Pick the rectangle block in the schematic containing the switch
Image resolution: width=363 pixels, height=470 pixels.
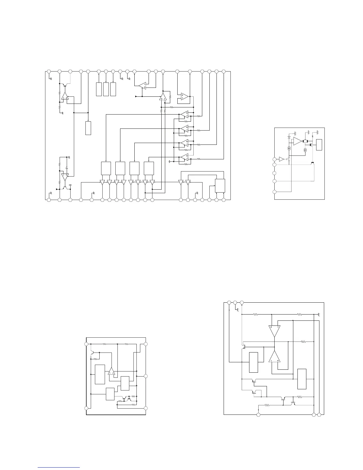click(319, 145)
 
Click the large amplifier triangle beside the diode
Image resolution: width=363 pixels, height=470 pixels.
click(297, 142)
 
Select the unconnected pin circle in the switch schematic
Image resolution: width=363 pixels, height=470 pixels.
click(275, 173)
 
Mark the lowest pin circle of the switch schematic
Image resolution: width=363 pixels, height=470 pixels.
click(275, 192)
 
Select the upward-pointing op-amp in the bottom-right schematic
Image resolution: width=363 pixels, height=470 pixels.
click(274, 356)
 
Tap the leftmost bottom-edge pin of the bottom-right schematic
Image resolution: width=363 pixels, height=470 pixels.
click(258, 414)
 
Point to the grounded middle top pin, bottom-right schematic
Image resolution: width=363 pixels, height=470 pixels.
click(235, 303)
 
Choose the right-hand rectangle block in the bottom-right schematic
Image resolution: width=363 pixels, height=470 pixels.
click(302, 379)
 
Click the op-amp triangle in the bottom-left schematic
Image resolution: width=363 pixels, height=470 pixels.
click(112, 371)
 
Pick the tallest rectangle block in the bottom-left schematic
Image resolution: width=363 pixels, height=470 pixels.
click(100, 374)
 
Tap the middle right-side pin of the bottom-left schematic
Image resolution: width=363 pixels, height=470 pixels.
click(146, 376)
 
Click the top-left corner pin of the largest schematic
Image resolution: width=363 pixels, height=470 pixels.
click(49, 72)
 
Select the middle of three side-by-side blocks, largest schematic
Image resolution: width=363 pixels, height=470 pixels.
click(106, 89)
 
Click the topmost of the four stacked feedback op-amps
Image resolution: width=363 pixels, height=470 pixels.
click(184, 114)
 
